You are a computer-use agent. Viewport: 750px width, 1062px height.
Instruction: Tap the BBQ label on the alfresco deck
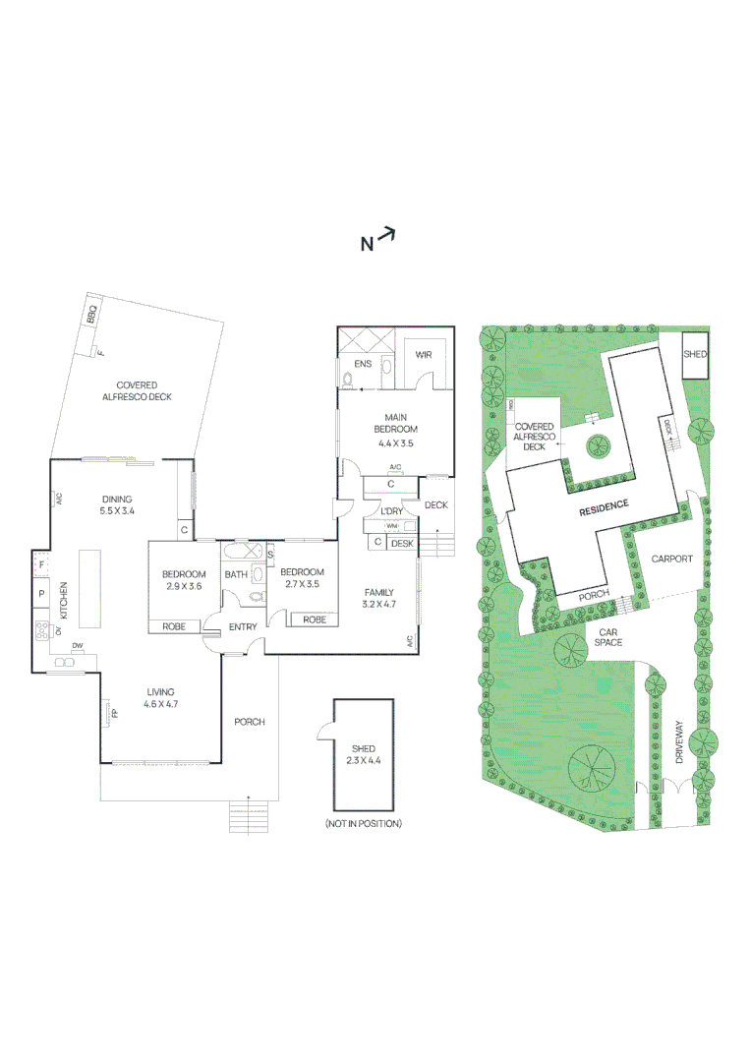point(91,315)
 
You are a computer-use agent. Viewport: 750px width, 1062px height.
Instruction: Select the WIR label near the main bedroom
point(424,355)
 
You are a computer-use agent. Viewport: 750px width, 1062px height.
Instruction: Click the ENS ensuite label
point(362,364)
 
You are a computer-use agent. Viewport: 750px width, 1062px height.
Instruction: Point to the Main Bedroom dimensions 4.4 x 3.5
point(396,443)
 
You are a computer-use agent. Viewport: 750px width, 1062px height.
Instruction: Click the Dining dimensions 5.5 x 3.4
point(116,511)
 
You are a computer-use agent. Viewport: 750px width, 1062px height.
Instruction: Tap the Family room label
point(379,592)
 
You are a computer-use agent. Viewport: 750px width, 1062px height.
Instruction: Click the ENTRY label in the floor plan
point(243,626)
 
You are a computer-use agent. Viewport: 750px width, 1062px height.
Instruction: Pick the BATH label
point(236,574)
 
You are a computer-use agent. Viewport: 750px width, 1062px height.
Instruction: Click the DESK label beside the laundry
point(402,543)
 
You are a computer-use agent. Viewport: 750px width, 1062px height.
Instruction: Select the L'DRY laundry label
point(390,511)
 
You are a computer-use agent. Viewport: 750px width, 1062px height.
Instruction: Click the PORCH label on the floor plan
point(250,722)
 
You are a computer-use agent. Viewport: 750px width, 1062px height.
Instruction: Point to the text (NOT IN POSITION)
point(363,823)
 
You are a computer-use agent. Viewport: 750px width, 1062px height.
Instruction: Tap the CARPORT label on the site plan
point(672,559)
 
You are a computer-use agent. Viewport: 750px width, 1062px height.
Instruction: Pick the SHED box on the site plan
point(696,354)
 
